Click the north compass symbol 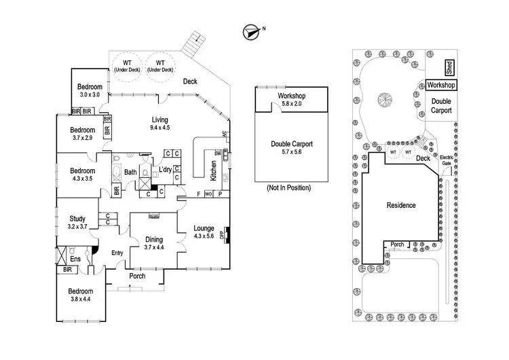pyautogui.click(x=251, y=32)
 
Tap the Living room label pyautogui.click(x=160, y=120)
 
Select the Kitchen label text pyautogui.click(x=213, y=170)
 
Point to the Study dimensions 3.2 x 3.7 pyautogui.click(x=77, y=226)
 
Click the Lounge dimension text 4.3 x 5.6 pyautogui.click(x=204, y=236)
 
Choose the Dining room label pyautogui.click(x=154, y=240)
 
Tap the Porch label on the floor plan pyautogui.click(x=137, y=276)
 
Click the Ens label pyautogui.click(x=75, y=259)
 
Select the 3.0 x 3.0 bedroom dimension pyautogui.click(x=90, y=94)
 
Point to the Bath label pyautogui.click(x=130, y=172)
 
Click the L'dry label pyautogui.click(x=165, y=169)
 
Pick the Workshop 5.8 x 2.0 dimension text pyautogui.click(x=292, y=104)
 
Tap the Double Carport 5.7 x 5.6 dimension pyautogui.click(x=292, y=151)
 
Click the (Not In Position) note pyautogui.click(x=288, y=187)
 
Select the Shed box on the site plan pyautogui.click(x=449, y=67)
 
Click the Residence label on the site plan pyautogui.click(x=401, y=205)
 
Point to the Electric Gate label pyautogui.click(x=447, y=160)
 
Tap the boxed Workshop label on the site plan pyautogui.click(x=441, y=85)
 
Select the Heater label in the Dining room pyautogui.click(x=154, y=217)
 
